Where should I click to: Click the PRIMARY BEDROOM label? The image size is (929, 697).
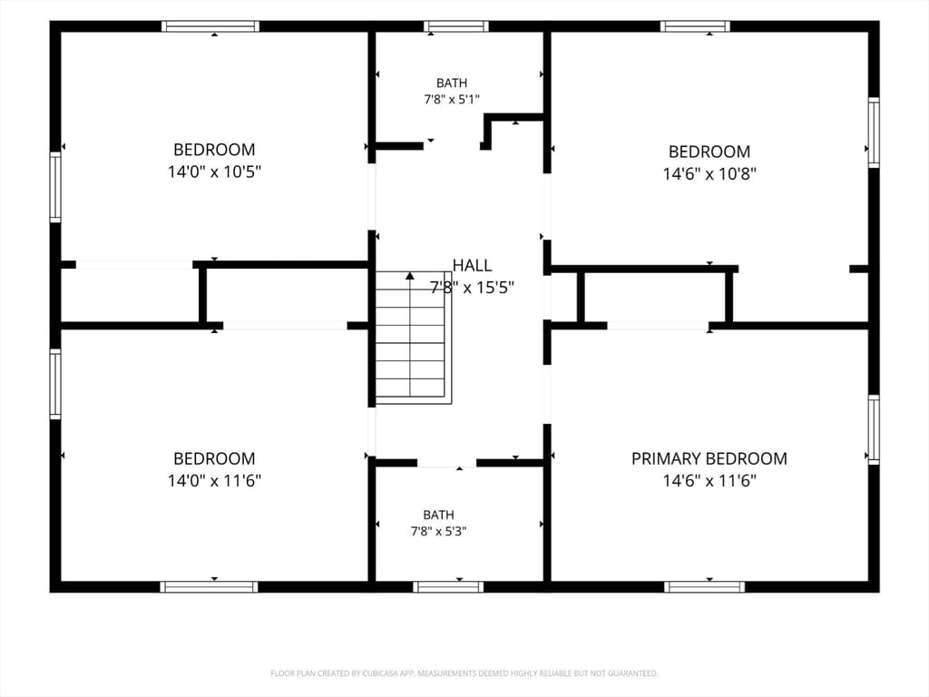(x=709, y=458)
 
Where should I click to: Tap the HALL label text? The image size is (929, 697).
(x=472, y=266)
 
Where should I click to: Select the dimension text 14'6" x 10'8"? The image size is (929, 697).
(x=709, y=173)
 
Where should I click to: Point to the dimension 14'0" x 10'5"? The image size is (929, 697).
(x=214, y=172)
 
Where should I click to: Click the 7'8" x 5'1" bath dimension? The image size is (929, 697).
(x=452, y=100)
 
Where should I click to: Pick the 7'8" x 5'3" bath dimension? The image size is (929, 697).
(x=438, y=532)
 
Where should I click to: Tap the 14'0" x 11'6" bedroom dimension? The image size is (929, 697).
(x=214, y=481)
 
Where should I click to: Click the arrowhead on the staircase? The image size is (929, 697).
(x=410, y=276)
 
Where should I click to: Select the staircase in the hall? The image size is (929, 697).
(x=414, y=338)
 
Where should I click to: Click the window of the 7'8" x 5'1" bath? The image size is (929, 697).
(x=456, y=26)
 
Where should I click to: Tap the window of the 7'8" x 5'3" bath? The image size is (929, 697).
(x=448, y=587)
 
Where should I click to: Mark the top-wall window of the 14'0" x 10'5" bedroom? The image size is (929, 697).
(x=210, y=26)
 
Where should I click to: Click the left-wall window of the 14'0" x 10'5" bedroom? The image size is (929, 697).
(x=55, y=187)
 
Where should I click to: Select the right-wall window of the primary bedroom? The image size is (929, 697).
(x=874, y=429)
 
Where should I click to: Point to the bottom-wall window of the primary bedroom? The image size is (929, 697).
(x=704, y=587)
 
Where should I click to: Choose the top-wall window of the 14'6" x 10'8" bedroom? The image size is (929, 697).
(x=695, y=26)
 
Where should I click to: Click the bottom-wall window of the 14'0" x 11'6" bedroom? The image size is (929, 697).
(x=210, y=587)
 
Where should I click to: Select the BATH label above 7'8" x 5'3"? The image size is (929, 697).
(x=438, y=515)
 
